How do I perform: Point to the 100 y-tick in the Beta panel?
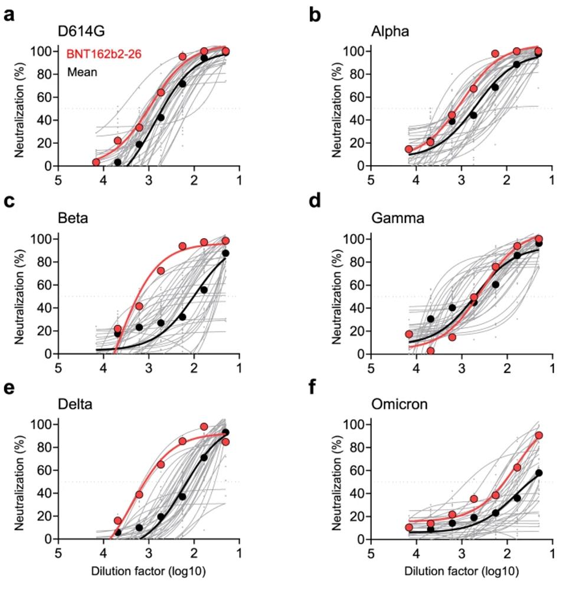[x=44, y=239]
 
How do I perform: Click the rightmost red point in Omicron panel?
[x=539, y=436]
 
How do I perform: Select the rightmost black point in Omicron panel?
[x=539, y=473]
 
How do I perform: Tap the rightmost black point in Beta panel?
[x=225, y=254]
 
